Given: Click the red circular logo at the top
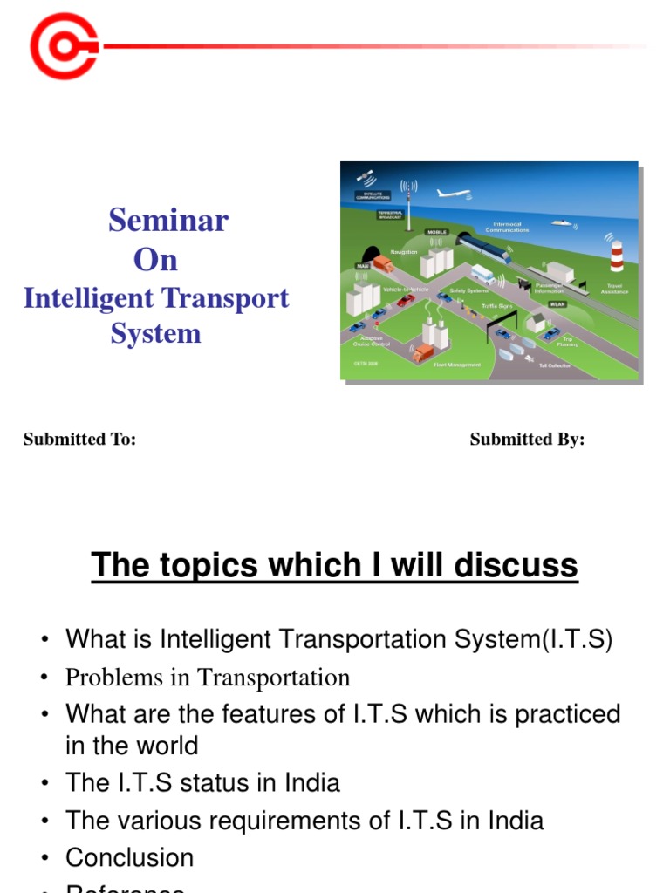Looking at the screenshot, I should click(63, 45).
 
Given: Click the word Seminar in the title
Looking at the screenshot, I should click(167, 221).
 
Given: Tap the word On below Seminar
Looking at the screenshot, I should click(155, 260).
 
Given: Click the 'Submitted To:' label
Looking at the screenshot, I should click(79, 440).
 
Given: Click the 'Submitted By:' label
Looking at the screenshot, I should click(527, 440).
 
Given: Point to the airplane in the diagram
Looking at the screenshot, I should click(454, 193).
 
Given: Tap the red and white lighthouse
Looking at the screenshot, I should click(617, 254).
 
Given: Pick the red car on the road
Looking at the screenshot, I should click(405, 300).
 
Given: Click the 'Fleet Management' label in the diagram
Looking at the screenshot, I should click(456, 365).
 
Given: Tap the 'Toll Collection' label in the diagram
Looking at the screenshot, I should click(555, 365).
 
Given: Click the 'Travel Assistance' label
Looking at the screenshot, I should click(614, 287).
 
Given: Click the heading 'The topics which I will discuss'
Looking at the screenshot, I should click(334, 566).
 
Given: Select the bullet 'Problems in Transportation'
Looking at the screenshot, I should click(208, 678).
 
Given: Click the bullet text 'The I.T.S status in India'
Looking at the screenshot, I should click(202, 782).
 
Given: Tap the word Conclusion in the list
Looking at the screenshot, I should click(129, 857).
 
